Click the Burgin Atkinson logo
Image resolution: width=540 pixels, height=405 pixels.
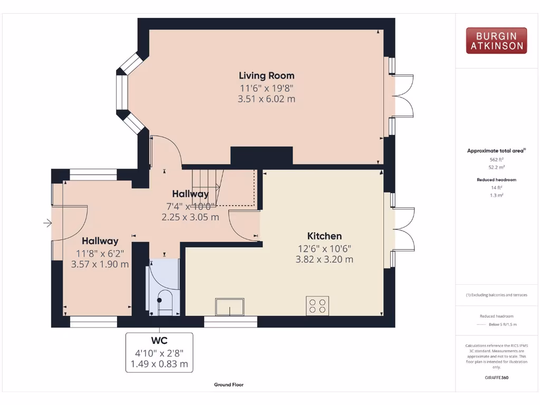click(496, 41)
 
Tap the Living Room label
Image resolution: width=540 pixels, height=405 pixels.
click(266, 75)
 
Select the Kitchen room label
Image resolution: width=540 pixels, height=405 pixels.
click(324, 236)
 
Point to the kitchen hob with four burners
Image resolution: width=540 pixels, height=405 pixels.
click(317, 306)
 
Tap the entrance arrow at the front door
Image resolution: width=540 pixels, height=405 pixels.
click(47, 224)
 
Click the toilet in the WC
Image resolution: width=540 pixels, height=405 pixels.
click(165, 301)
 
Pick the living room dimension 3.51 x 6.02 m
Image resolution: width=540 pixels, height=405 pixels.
click(266, 99)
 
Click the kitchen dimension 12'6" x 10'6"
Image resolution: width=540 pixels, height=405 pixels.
click(324, 248)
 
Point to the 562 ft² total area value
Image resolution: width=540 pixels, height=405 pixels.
click(496, 159)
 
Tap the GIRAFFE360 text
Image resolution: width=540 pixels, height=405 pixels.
click(496, 378)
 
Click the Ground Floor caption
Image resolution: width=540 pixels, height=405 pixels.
click(229, 385)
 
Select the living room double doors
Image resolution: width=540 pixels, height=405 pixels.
click(402, 95)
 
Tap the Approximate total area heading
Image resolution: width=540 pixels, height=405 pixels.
click(496, 151)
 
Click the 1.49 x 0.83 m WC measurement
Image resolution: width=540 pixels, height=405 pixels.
click(159, 364)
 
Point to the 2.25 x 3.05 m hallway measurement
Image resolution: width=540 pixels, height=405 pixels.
click(190, 217)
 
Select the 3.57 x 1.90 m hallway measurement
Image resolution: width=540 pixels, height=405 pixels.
click(100, 264)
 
